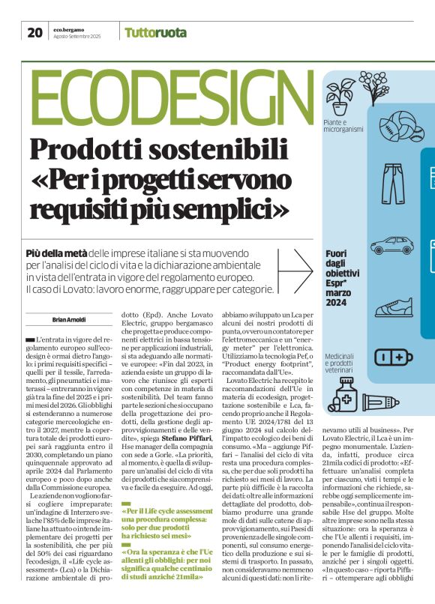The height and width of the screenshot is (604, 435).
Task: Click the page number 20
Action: [34, 31]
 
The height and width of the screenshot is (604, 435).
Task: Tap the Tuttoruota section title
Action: [155, 32]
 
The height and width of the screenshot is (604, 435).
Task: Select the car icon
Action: [391, 245]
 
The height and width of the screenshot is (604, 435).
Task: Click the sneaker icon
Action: [392, 306]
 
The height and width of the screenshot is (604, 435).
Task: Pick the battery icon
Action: [393, 356]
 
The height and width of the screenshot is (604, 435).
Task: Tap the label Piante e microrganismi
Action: [344, 125]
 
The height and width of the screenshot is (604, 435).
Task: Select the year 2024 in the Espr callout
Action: [336, 302]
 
